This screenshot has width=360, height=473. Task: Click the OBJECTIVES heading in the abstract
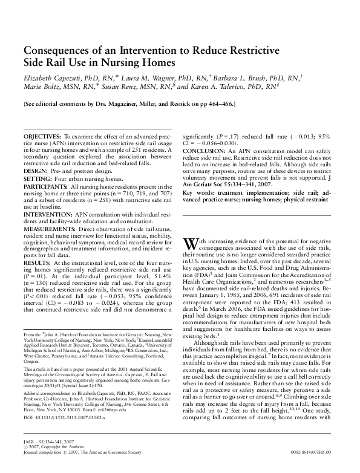[x=42, y=139]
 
